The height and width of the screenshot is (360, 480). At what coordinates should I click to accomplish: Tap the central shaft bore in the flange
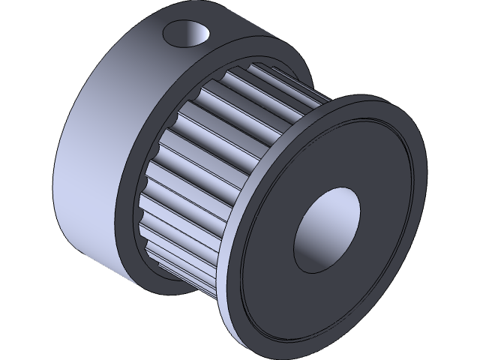[327, 226]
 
